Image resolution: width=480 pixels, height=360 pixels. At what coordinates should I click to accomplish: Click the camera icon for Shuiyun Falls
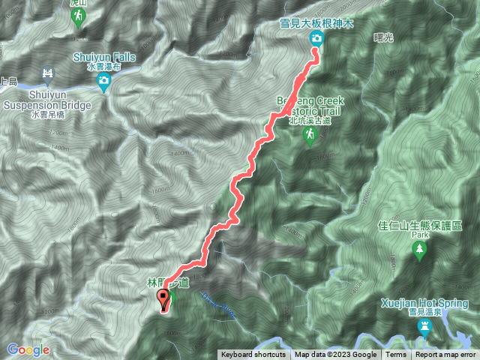(x=105, y=86)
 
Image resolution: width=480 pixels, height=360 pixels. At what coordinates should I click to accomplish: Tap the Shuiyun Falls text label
(x=104, y=56)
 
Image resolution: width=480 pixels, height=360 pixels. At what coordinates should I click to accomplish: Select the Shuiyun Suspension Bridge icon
(x=48, y=73)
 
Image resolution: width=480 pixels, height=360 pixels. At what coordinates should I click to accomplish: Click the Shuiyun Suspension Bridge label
(x=46, y=100)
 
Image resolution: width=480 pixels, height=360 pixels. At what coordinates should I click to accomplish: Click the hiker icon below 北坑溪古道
(x=309, y=134)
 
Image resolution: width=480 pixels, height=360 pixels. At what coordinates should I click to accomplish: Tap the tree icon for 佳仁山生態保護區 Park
(x=420, y=250)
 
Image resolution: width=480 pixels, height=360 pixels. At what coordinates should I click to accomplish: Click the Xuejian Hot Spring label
(x=426, y=303)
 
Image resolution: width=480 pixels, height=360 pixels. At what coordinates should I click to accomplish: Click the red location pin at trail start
(x=163, y=301)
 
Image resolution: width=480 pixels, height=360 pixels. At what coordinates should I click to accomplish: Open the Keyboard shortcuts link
(x=253, y=355)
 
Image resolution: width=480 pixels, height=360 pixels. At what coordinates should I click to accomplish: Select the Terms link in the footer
(x=396, y=355)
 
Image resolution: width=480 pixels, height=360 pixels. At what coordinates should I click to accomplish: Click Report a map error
(x=445, y=355)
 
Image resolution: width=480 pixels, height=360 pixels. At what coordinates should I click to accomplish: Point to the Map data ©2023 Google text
(x=336, y=355)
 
